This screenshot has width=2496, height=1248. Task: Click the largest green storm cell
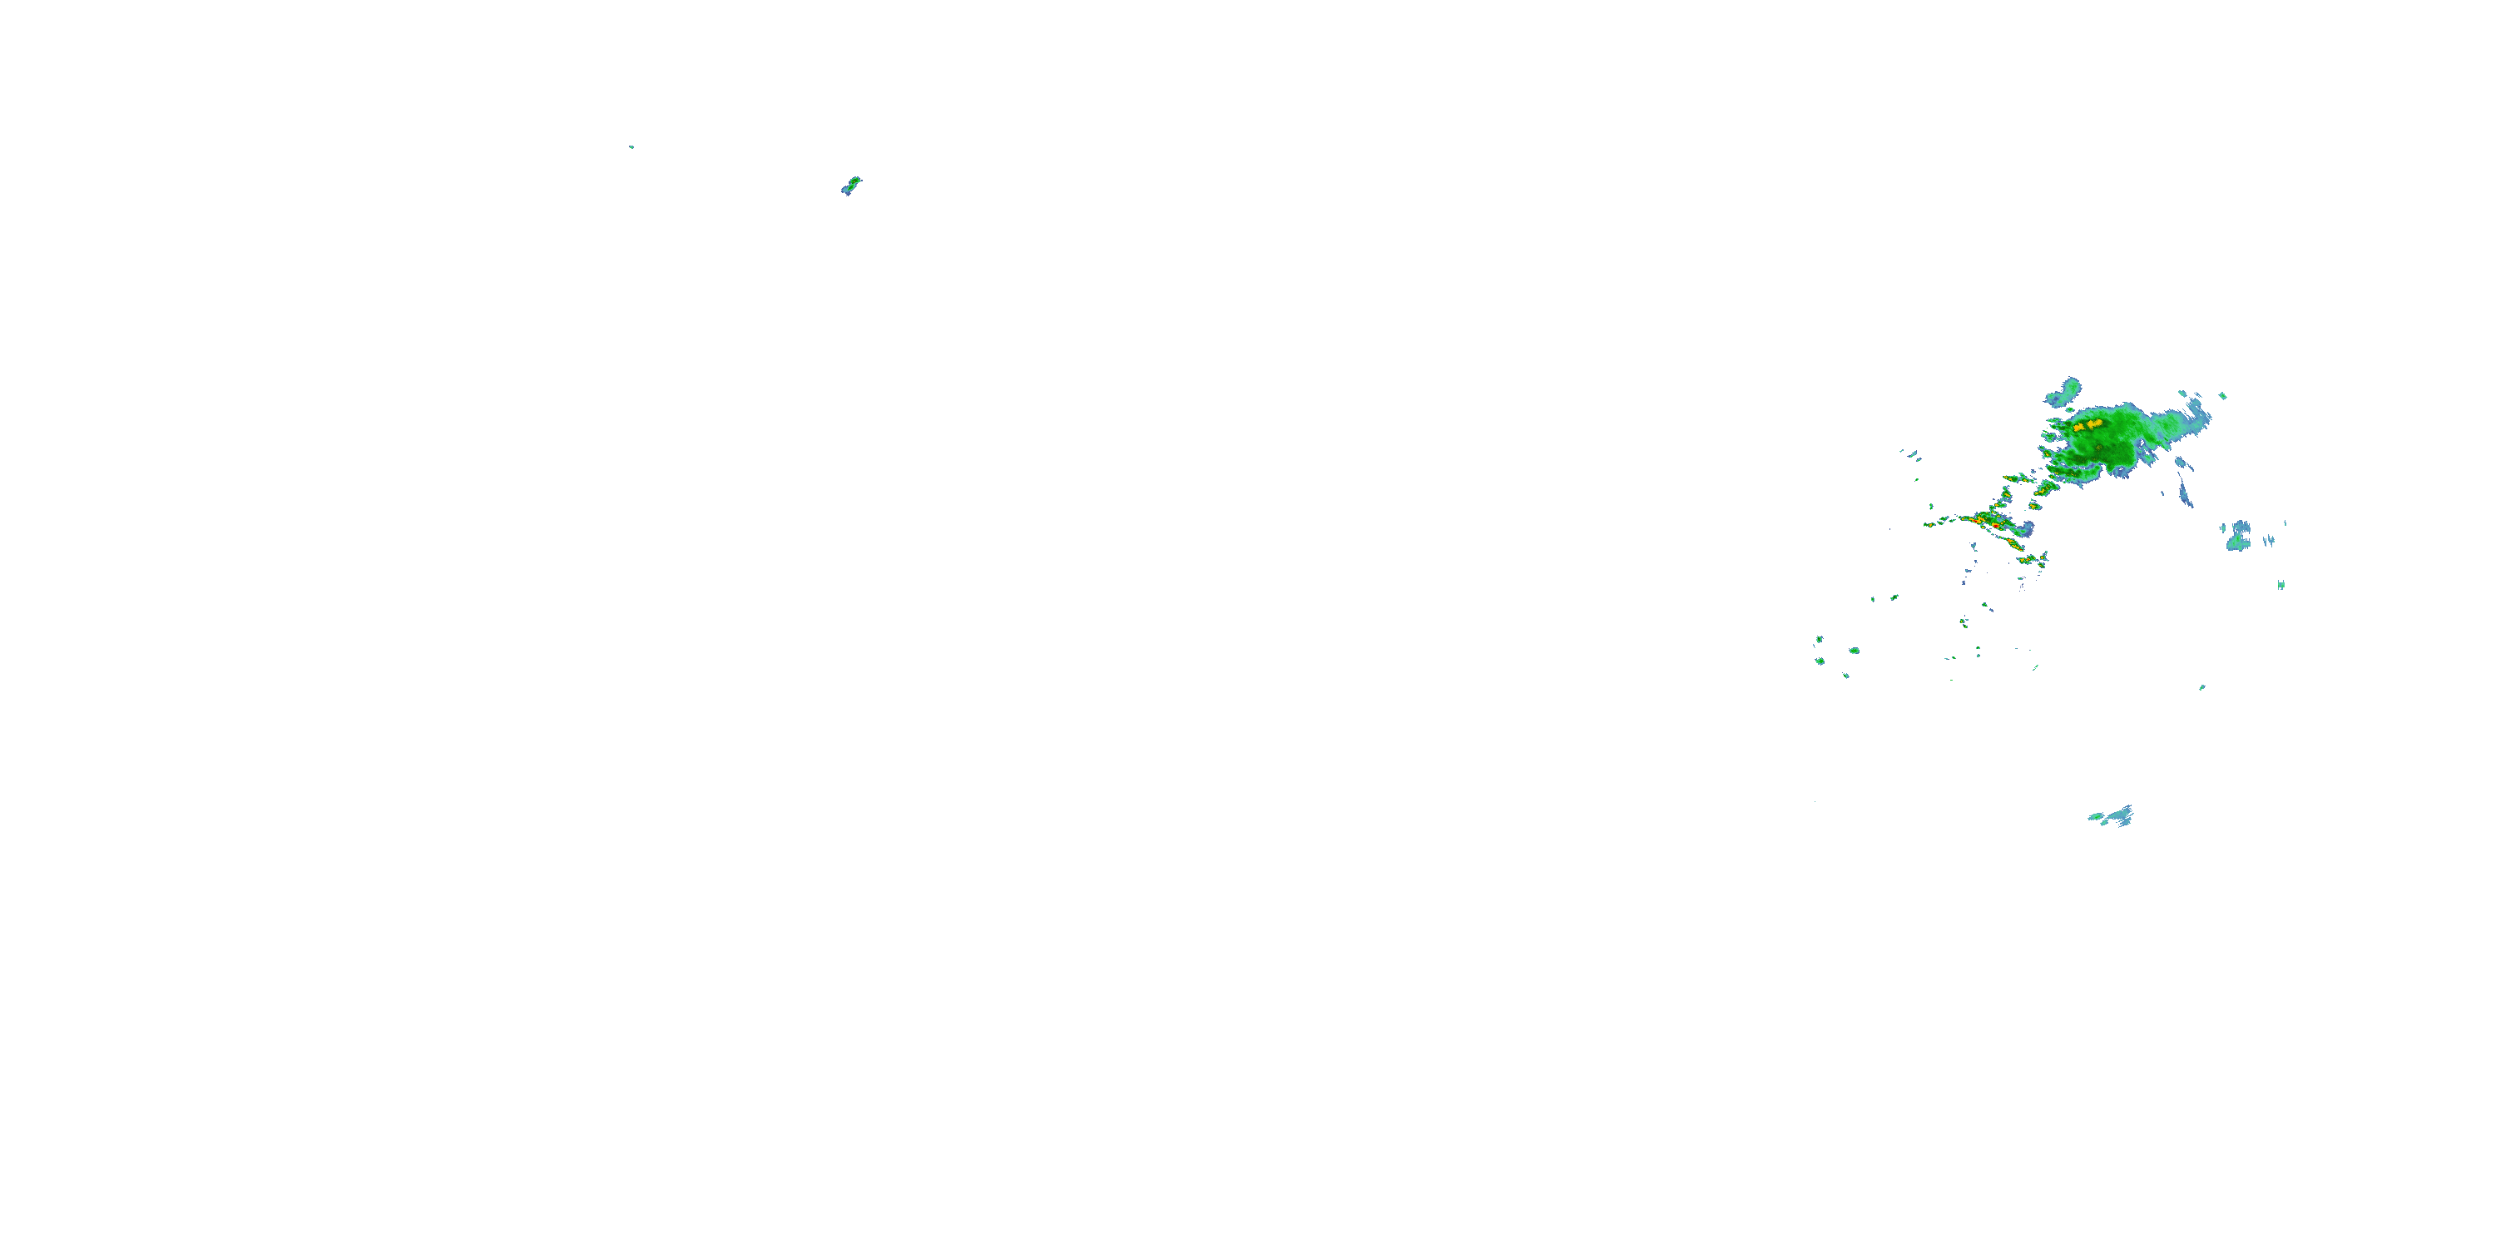[2102, 441]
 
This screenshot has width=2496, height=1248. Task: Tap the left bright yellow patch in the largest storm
[2079, 426]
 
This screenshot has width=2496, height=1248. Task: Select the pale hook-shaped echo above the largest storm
[2066, 391]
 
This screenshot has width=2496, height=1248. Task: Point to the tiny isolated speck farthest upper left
[631, 147]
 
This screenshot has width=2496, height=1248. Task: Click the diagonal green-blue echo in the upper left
[851, 185]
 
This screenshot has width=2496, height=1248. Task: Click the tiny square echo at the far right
[2281, 584]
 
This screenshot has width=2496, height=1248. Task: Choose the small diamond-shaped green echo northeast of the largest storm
[2223, 395]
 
